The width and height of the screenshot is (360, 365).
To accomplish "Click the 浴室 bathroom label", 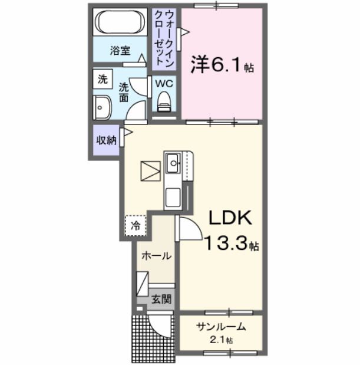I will tap(120, 51).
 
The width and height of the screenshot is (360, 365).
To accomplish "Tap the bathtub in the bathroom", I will tap(120, 23).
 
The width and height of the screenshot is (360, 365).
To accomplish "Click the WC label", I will tap(163, 83).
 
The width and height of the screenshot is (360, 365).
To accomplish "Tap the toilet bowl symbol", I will tap(164, 101).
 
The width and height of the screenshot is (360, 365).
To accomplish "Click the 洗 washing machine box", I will tap(103, 79).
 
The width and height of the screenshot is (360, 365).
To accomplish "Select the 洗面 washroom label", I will tap(124, 93).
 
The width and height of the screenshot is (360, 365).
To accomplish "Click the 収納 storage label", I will tap(106, 140).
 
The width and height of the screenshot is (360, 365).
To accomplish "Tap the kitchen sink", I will tap(173, 162).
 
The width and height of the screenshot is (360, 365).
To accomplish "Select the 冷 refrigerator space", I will tap(136, 225).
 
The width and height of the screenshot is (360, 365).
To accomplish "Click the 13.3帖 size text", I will tap(231, 243).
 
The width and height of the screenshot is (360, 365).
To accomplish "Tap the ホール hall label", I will tap(157, 256).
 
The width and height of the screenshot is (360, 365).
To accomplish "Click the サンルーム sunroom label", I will tap(221, 327).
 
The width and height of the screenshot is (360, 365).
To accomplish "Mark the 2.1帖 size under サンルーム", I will tap(222, 340).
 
